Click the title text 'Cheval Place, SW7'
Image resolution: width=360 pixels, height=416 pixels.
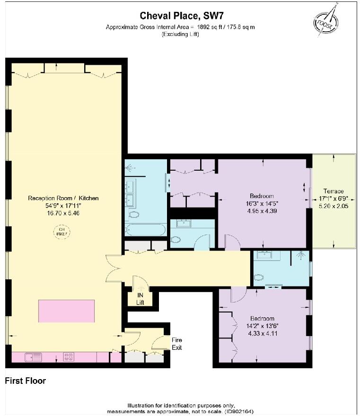(180, 16)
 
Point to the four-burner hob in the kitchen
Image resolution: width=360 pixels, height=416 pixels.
(69, 357)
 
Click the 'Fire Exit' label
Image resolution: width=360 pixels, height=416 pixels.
(176, 344)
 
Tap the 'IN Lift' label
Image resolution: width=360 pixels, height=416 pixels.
(140, 299)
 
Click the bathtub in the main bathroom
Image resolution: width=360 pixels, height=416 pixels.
(145, 231)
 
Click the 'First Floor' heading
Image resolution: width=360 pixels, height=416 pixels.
(26, 381)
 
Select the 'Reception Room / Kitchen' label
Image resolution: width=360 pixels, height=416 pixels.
(63, 198)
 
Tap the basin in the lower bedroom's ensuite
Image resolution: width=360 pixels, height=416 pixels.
(261, 256)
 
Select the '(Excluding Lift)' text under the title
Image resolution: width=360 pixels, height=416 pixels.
(180, 34)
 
